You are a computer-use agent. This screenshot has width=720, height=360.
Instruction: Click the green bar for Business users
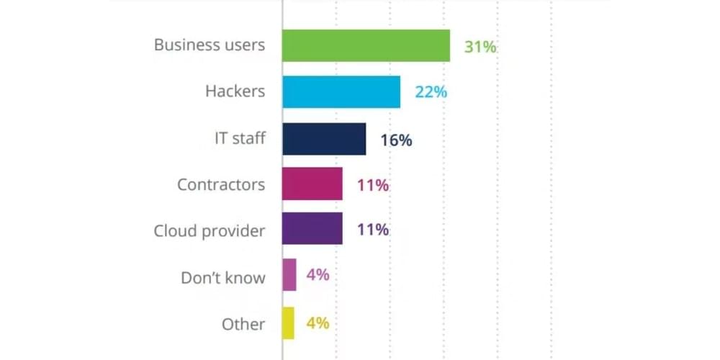[366, 45]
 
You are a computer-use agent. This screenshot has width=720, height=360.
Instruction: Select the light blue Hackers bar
[341, 91]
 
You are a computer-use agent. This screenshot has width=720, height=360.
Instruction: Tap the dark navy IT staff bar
[324, 138]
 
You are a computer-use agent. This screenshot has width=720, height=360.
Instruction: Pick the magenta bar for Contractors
[312, 184]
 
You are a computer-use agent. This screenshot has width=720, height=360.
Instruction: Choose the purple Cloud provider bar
[312, 230]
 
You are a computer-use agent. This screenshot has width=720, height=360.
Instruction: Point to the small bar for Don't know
[289, 274]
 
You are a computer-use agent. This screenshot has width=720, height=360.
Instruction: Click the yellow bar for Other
[289, 323]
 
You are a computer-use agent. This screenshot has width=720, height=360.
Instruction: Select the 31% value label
[480, 47]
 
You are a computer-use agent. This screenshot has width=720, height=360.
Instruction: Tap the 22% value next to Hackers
[431, 92]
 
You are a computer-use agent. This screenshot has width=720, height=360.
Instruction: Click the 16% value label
[396, 140]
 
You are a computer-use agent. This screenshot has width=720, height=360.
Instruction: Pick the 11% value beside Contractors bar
[373, 185]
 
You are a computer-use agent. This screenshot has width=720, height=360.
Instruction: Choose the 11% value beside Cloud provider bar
[373, 230]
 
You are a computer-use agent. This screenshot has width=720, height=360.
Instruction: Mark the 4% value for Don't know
[318, 274]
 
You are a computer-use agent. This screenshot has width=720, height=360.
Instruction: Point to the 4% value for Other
[318, 323]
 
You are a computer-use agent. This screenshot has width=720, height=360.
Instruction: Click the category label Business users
[210, 45]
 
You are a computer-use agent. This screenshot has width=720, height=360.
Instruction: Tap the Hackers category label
[235, 91]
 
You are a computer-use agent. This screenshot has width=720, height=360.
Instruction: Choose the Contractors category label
[221, 184]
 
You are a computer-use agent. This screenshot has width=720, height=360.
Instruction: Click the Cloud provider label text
[210, 231]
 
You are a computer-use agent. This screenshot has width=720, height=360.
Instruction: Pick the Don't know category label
[222, 277]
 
